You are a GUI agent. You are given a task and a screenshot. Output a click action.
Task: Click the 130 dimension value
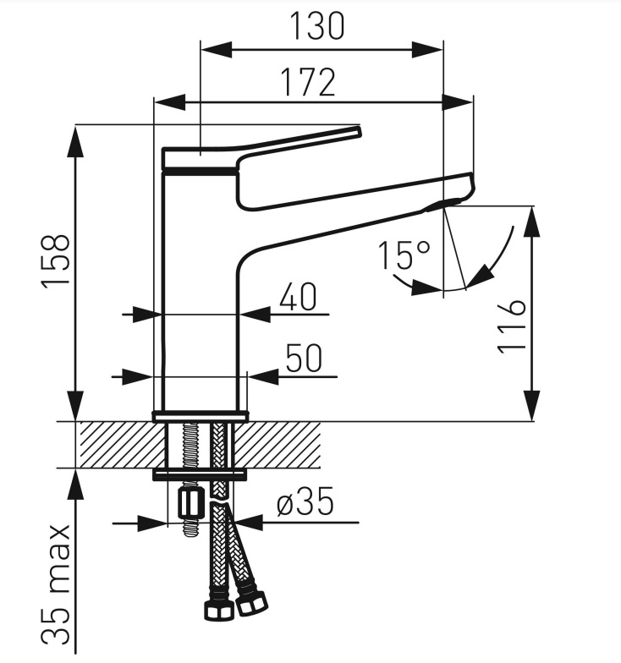click(x=316, y=26)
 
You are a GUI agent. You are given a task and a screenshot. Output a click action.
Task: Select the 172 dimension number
click(x=308, y=82)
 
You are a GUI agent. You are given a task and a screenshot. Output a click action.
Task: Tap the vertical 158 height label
click(x=55, y=260)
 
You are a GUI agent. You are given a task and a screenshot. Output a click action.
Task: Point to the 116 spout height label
click(x=512, y=326)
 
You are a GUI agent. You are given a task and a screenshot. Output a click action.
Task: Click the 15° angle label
click(x=404, y=255)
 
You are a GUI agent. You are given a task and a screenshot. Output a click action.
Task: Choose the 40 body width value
click(x=298, y=297)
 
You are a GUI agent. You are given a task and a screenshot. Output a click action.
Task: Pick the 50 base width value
click(x=304, y=358)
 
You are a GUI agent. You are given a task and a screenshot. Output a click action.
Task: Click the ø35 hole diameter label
click(x=305, y=501)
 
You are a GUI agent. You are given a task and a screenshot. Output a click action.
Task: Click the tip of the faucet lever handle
click(x=359, y=131)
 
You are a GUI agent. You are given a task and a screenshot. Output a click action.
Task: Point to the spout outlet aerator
click(x=442, y=205)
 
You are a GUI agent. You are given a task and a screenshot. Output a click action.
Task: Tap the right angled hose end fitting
click(x=252, y=602)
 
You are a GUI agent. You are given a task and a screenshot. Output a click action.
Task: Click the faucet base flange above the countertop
click(x=200, y=416)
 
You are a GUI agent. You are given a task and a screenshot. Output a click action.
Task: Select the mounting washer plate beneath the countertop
click(x=200, y=474)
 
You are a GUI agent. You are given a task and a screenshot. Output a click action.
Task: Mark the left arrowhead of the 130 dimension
click(x=217, y=49)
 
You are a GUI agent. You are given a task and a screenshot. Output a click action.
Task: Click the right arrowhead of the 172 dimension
click(x=457, y=101)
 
